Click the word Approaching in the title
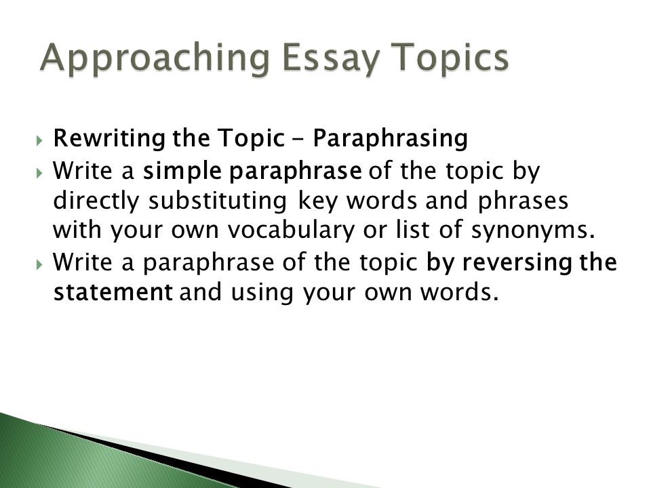[x=155, y=58]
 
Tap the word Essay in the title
[x=330, y=58]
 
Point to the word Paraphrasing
[x=391, y=138]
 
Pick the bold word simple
[x=182, y=171]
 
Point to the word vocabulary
[x=292, y=230]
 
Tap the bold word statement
[x=113, y=291]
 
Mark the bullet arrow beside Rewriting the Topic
[x=39, y=140]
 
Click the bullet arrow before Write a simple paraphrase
[x=39, y=173]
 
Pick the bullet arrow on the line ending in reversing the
[x=39, y=264]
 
